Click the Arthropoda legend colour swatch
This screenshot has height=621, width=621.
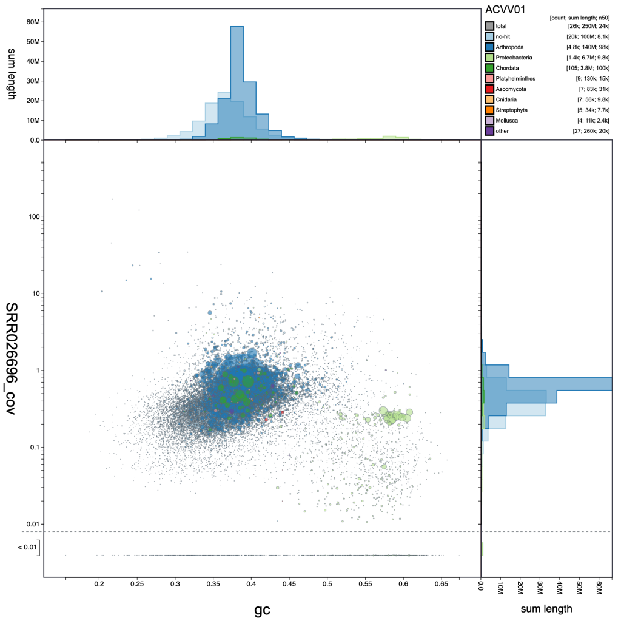pos(488,47)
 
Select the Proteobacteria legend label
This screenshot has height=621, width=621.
pos(513,57)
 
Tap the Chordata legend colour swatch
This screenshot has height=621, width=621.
pos(488,68)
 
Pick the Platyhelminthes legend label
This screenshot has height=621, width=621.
pos(515,78)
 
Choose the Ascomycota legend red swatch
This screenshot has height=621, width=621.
pos(488,89)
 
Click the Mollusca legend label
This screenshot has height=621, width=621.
pos(507,121)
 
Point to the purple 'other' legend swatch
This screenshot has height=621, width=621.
pos(488,131)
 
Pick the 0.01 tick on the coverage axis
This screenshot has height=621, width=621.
pos(31,523)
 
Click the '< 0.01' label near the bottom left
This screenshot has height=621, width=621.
pos(27,548)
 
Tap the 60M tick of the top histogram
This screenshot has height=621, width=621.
pos(32,22)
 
